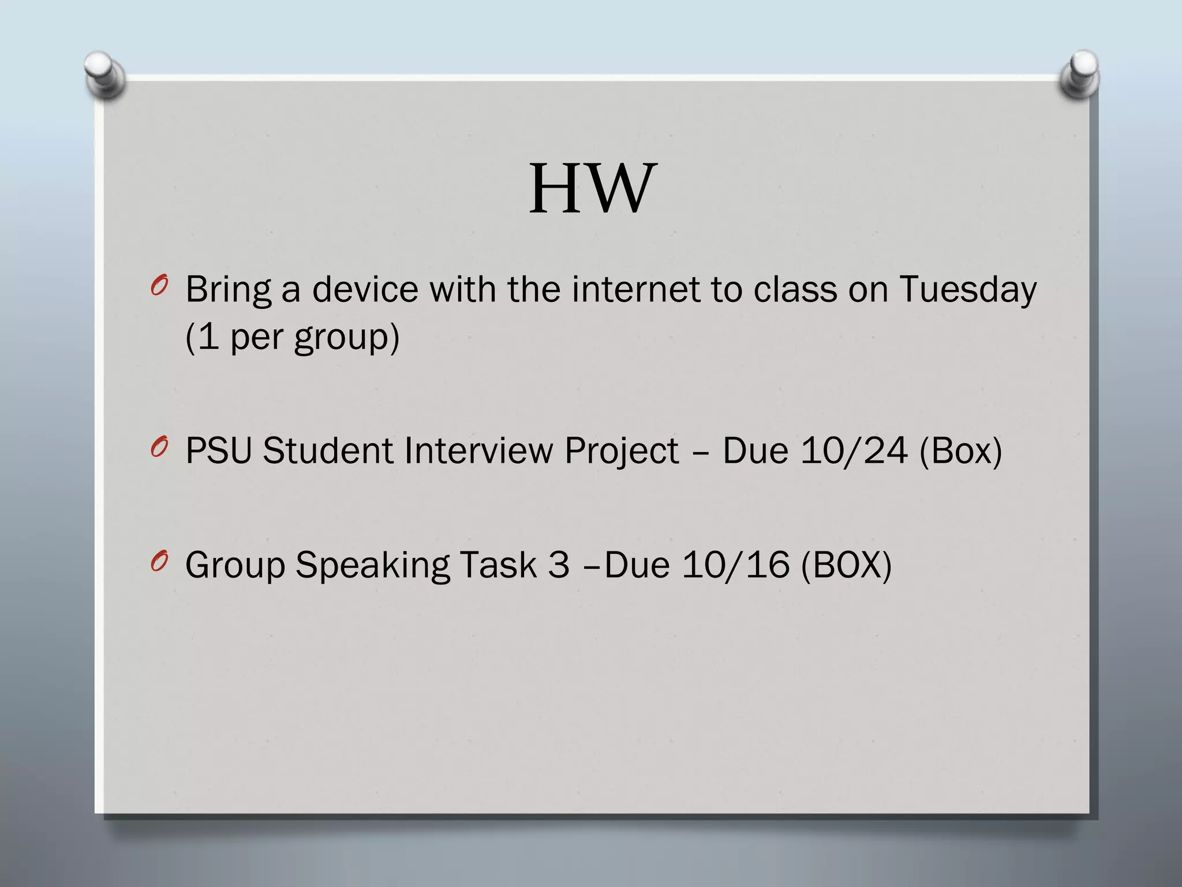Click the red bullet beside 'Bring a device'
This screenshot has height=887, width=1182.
point(159,286)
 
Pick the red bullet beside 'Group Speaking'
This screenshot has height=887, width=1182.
point(159,561)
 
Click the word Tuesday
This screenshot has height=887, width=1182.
point(968,289)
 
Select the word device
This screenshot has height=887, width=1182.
point(365,289)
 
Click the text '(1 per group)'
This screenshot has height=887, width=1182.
point(292,337)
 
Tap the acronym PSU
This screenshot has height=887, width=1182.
point(219,450)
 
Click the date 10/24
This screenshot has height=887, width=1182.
point(854,450)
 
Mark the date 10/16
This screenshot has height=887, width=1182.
point(735,565)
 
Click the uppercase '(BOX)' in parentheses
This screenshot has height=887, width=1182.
point(846,565)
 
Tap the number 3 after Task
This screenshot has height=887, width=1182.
point(558,565)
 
